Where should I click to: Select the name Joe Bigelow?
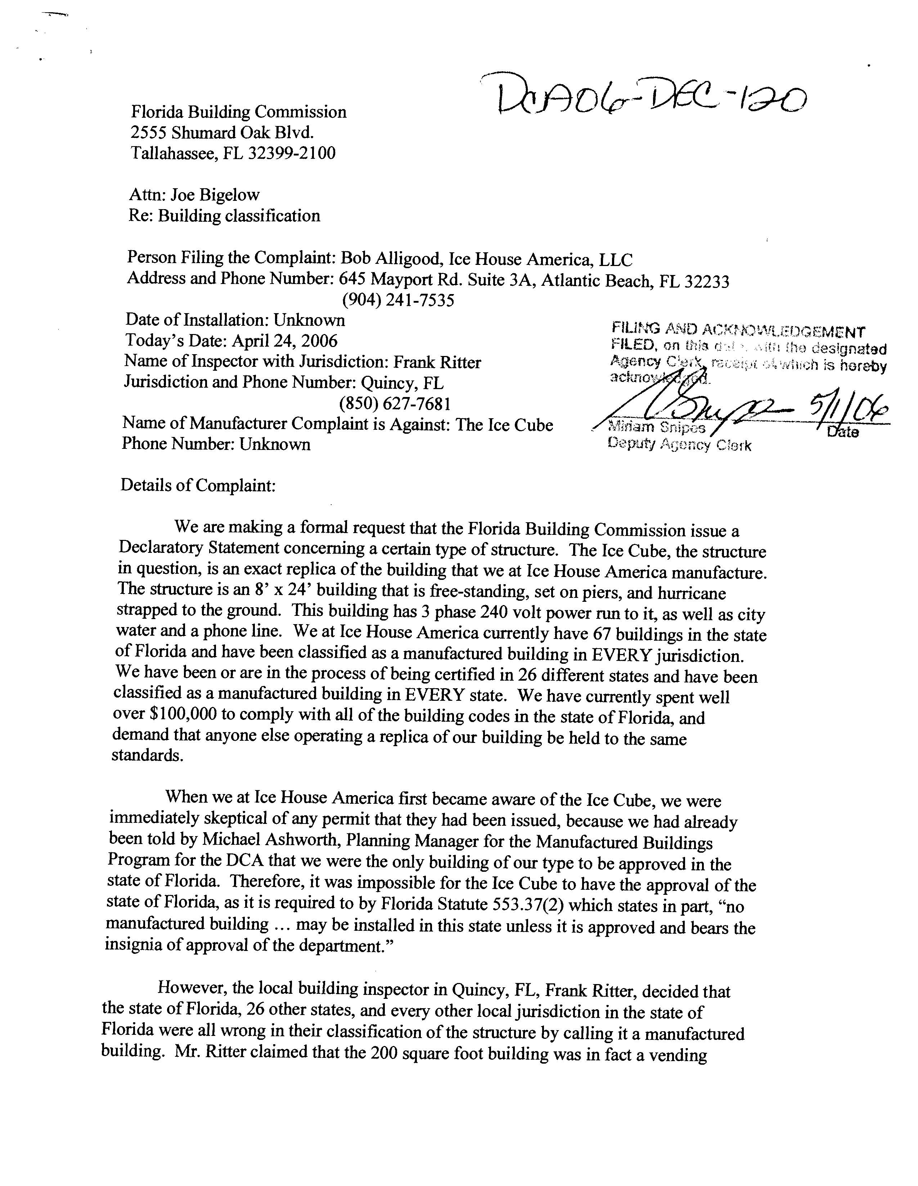pyautogui.click(x=215, y=195)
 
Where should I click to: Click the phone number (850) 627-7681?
pyautogui.click(x=394, y=403)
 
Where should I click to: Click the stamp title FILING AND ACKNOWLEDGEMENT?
pyautogui.click(x=738, y=329)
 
